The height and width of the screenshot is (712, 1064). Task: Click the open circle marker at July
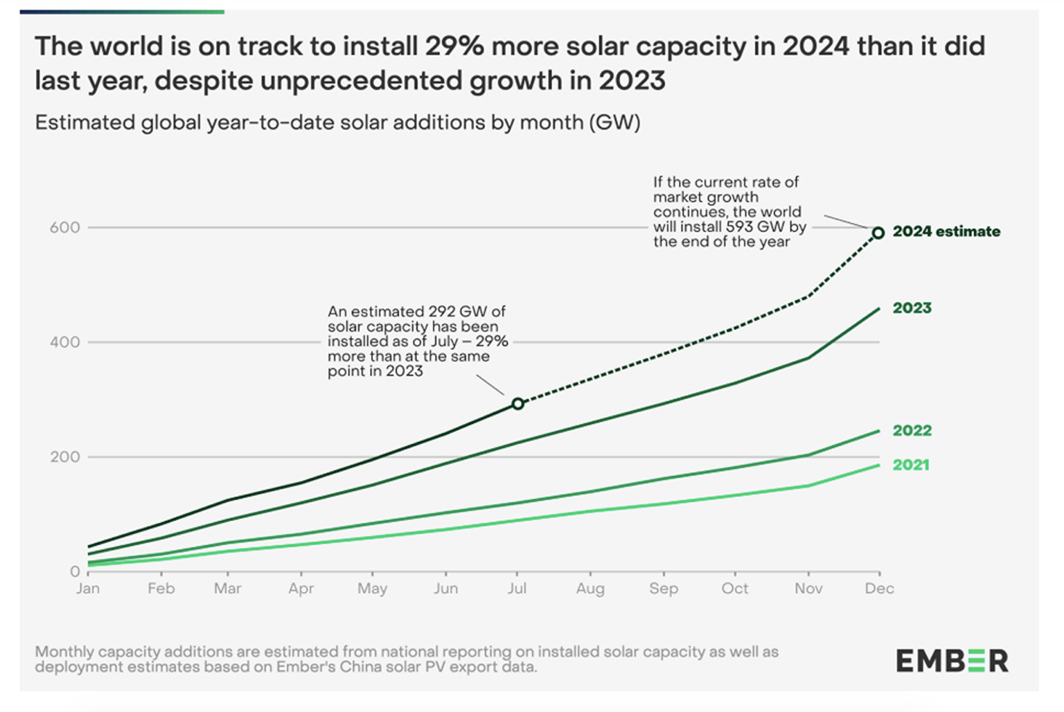point(517,403)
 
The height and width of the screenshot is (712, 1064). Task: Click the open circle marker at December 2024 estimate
point(878,233)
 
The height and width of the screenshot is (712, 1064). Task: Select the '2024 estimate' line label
point(946,231)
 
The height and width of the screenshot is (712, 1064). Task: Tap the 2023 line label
point(912,308)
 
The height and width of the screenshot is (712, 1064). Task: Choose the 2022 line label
point(912,430)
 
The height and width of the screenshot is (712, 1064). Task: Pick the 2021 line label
point(910,465)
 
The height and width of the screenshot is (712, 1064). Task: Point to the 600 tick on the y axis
point(64,227)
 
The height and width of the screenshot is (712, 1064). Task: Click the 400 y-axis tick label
point(64,341)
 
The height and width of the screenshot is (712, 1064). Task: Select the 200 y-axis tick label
point(64,456)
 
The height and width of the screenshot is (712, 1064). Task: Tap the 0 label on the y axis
point(74,571)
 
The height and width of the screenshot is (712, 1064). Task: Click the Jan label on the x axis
point(88,589)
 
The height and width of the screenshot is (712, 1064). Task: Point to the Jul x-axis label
point(517,589)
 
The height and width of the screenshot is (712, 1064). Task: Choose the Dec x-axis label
point(879,589)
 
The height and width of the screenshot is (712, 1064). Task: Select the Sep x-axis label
point(663,589)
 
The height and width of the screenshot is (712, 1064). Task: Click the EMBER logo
point(952,661)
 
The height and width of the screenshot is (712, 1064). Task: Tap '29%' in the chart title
point(450,46)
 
